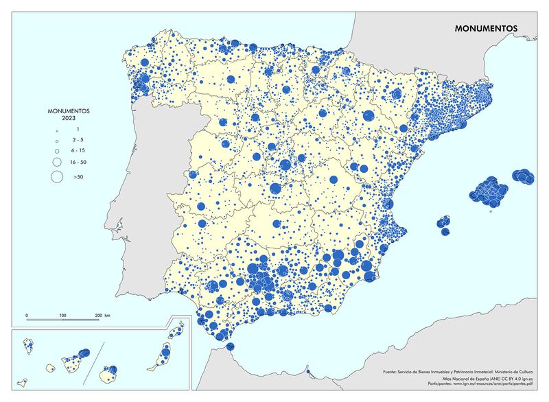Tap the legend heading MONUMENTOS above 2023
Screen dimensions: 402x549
tap(68, 110)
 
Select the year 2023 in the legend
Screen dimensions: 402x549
tap(68, 117)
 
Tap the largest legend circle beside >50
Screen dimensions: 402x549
tap(53, 177)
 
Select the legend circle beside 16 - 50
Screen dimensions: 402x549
tap(53, 163)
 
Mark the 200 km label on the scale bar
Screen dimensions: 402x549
tap(102, 315)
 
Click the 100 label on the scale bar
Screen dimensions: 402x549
tap(62, 315)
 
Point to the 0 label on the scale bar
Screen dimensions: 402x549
tap(27, 315)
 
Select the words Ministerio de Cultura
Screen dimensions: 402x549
tap(517, 371)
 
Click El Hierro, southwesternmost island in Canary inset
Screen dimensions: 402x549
tap(23, 378)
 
